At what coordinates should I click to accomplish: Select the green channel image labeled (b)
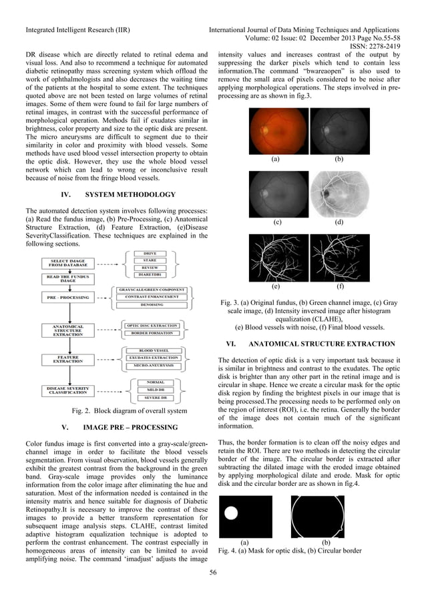point(339,130)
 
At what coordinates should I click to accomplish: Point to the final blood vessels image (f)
point(340,258)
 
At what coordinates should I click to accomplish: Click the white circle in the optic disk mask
point(232,514)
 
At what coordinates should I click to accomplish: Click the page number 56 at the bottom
point(213,571)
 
